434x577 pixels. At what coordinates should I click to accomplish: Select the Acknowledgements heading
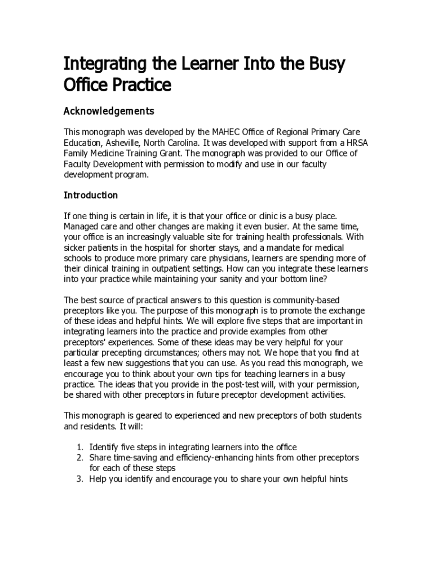(109, 111)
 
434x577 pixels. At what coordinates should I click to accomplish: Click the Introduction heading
(91, 196)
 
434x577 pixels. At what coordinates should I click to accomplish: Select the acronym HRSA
(356, 143)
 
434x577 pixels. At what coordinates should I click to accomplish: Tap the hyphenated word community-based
(306, 300)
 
